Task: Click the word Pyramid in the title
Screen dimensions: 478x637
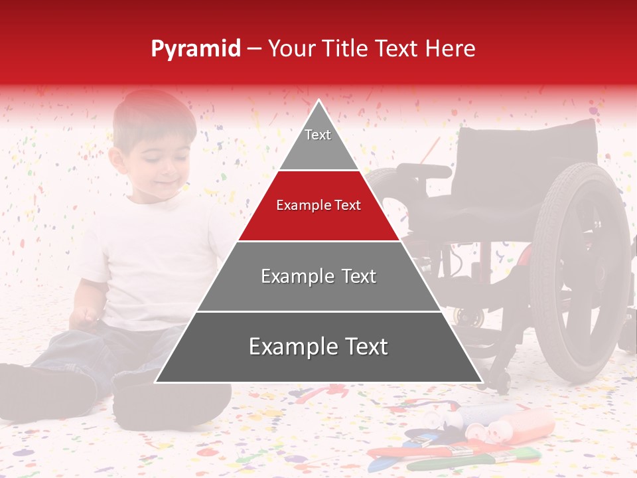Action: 196,48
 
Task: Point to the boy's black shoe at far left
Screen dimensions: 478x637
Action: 40,392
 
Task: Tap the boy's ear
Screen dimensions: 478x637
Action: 117,159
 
